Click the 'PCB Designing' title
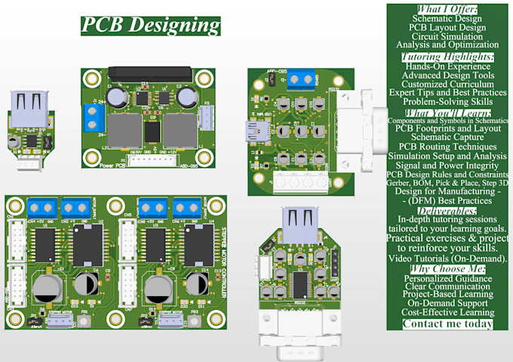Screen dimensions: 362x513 (151, 24)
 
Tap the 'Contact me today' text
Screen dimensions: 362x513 (447, 324)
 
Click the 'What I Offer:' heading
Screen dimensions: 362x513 (447, 8)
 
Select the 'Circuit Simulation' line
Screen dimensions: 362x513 (447, 36)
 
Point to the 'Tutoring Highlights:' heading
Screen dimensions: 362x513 (447, 57)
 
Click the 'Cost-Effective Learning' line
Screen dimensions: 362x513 (447, 312)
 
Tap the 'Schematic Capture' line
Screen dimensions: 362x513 (447, 138)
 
